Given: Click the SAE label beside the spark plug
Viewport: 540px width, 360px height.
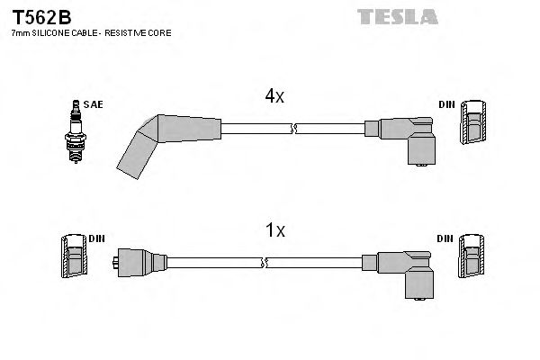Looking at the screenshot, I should coord(93,104).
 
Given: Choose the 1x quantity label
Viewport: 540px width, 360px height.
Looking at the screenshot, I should coord(275,230).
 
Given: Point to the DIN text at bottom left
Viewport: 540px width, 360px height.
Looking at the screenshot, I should coord(97,238).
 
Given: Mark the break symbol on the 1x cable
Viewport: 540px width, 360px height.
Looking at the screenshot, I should coord(265,263).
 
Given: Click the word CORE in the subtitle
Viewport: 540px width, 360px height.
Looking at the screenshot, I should coord(160,33).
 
